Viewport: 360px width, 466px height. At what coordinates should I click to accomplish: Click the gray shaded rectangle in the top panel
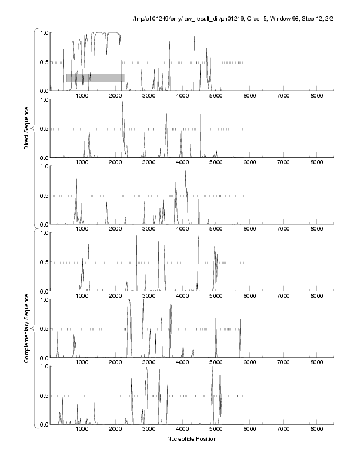(95, 78)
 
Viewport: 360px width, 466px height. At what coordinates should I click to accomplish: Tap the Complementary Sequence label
(27, 327)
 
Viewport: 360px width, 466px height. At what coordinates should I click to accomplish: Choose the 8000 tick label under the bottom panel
(317, 430)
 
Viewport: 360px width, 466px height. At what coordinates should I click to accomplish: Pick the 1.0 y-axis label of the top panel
(42, 32)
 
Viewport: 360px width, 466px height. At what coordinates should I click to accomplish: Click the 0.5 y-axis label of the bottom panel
(42, 395)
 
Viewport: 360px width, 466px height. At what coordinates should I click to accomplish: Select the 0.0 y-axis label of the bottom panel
(42, 424)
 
